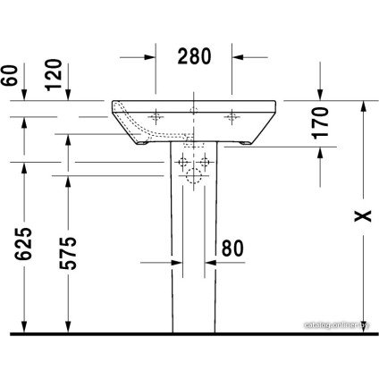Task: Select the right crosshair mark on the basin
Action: coord(235,114)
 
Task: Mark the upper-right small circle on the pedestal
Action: coord(206,162)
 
